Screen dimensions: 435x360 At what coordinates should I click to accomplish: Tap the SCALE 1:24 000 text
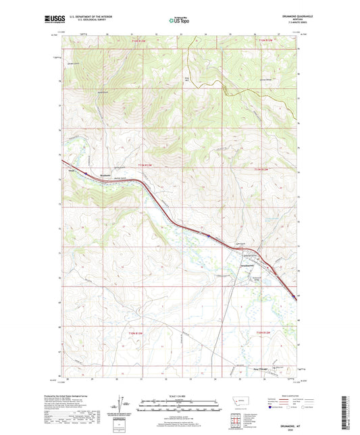coord(180,394)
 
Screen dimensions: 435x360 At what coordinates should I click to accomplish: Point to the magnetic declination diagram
coord(126,404)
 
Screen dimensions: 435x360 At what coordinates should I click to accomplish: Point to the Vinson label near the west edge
coord(70,171)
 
